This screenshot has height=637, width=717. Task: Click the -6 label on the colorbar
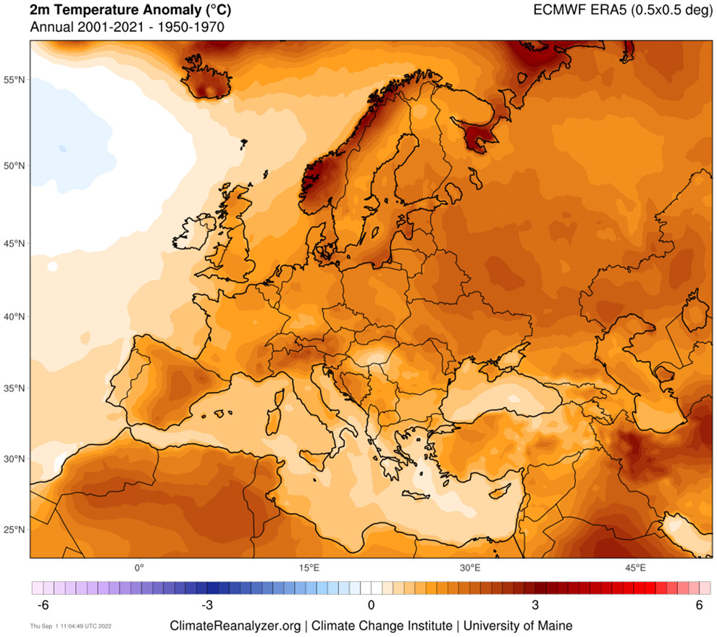(41, 605)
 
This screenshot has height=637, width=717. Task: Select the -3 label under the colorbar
(206, 605)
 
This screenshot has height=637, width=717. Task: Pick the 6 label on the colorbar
(700, 605)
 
